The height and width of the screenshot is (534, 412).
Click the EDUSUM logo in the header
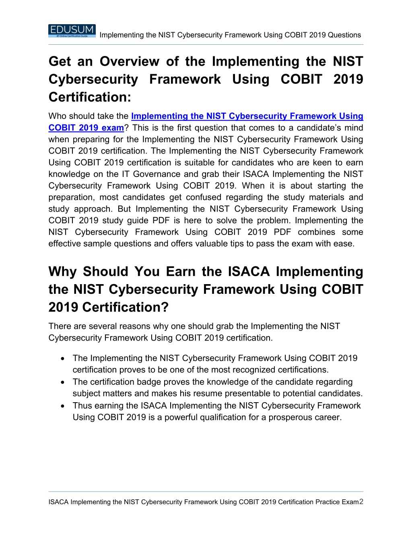[72, 31]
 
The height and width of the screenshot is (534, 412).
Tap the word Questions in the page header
[344, 35]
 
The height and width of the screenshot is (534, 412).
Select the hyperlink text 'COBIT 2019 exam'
[86, 128]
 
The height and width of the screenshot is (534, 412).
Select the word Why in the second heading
[62, 272]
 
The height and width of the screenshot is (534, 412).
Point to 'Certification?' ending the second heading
[126, 308]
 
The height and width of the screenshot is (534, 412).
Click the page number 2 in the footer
[361, 502]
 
